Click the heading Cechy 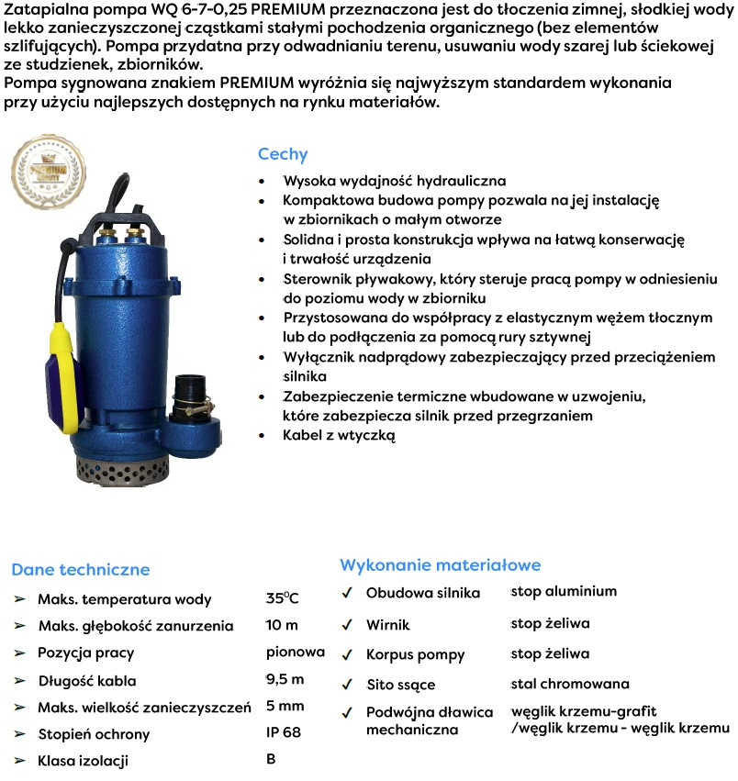coord(283,154)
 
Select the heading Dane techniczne coord(80,570)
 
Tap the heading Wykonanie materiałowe coord(441,564)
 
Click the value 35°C coord(282,598)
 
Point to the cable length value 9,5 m coord(285,679)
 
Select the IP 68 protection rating coord(284,732)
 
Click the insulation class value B coord(271,759)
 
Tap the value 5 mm coord(285,706)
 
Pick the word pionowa coord(296,653)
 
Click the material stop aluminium coord(564,591)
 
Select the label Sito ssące coord(400,685)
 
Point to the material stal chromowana coord(569,684)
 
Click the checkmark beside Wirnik coord(347,624)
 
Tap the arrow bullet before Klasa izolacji coord(19,760)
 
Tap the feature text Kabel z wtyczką coord(340,436)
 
